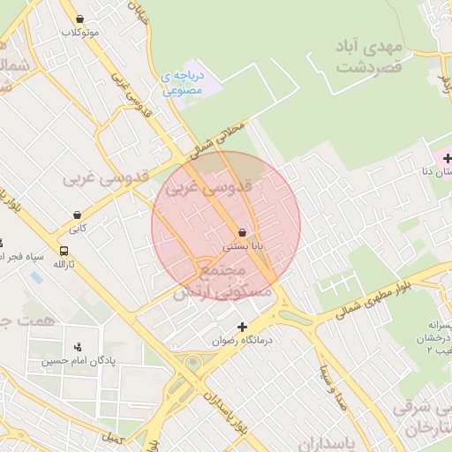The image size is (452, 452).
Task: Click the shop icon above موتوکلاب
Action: pos(80,19)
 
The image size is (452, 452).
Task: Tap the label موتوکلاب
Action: pos(79,33)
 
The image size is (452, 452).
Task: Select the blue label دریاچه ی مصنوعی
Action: pos(184,83)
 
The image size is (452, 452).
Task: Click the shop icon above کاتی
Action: pos(78,215)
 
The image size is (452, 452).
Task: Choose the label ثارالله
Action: pos(64,264)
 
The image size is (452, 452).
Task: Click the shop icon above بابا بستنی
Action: pos(242,232)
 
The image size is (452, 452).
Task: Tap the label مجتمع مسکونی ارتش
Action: pos(212,281)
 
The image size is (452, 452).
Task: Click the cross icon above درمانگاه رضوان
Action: pos(242,327)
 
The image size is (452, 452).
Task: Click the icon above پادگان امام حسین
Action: pos(80,346)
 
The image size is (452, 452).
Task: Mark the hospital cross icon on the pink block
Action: pos(448,159)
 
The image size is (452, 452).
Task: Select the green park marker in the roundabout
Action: pos(192,362)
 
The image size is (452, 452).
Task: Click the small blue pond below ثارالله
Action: pos(36,277)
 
